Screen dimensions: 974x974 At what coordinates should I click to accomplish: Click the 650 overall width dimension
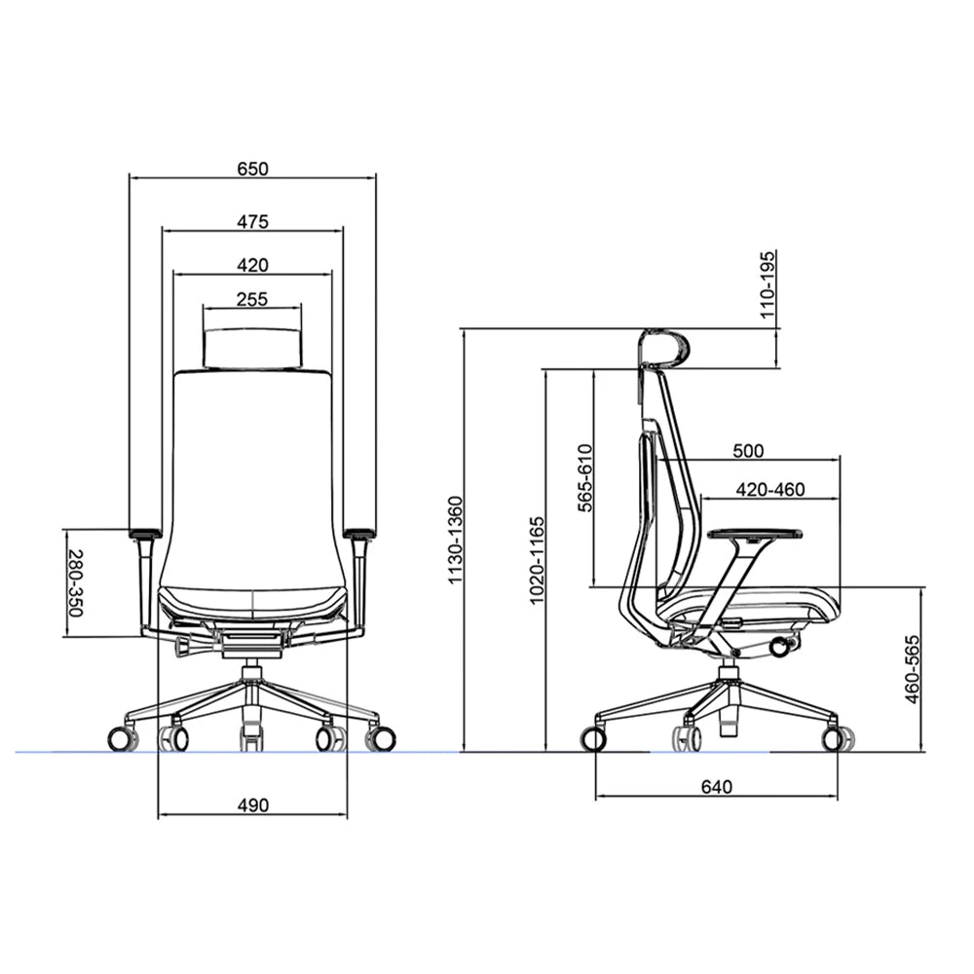(252, 169)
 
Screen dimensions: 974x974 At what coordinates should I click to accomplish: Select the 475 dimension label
(252, 221)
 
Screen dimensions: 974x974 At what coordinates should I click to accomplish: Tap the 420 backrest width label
(252, 264)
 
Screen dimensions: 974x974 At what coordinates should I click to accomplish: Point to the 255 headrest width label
(252, 299)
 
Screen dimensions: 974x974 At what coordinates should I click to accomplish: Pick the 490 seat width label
(252, 805)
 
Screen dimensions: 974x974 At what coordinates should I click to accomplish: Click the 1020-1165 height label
(537, 560)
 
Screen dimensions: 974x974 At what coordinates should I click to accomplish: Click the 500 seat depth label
(748, 450)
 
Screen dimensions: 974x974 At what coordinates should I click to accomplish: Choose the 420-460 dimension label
(770, 489)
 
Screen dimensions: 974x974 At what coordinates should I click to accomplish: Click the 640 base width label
(716, 786)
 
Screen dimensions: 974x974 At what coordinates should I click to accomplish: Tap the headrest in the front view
(252, 348)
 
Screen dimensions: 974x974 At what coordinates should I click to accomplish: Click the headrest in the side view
(666, 346)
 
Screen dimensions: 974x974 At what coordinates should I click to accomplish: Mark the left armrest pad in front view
(144, 533)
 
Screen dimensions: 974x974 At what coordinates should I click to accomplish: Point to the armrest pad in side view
(755, 533)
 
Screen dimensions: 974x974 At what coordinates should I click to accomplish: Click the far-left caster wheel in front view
(121, 739)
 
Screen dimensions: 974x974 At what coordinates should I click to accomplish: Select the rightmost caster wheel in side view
(834, 738)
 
